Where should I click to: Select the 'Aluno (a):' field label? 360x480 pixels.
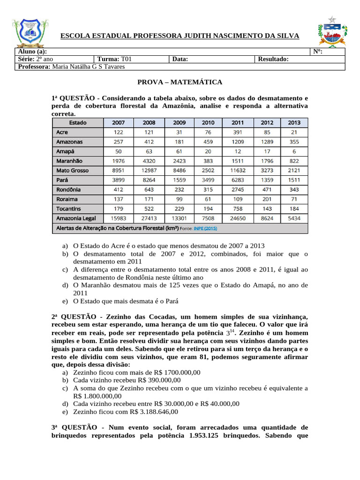32,52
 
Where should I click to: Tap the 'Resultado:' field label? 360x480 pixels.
273,59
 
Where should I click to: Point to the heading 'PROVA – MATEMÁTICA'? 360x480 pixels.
180,82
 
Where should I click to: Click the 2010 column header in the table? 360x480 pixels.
208,123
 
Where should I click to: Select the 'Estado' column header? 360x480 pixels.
77,123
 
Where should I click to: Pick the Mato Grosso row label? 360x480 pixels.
72,171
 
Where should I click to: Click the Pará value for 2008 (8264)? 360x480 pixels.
149,180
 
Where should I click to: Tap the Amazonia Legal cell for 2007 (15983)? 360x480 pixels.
118,218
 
